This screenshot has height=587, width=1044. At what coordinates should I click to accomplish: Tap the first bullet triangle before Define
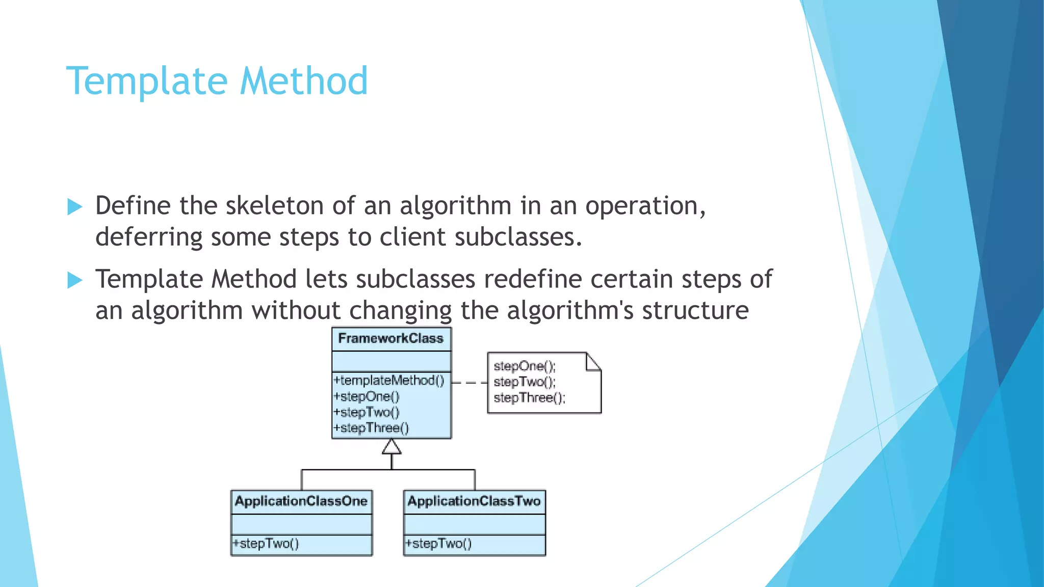(x=74, y=207)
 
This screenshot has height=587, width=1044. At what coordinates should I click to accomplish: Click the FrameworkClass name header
(x=391, y=339)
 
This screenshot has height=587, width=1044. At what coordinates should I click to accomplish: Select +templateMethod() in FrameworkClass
(x=389, y=381)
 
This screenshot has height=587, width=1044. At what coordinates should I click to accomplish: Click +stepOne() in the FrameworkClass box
(x=367, y=396)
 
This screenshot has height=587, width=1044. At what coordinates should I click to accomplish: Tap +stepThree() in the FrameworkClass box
(x=371, y=428)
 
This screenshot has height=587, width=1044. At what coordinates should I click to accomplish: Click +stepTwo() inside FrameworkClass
(x=367, y=412)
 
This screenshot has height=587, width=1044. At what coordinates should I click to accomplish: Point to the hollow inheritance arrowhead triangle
(x=391, y=447)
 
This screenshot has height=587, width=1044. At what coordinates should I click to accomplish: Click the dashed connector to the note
(x=469, y=382)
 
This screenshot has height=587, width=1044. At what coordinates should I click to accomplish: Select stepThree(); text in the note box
(x=530, y=398)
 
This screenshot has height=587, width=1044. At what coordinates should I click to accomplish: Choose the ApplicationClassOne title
(x=301, y=501)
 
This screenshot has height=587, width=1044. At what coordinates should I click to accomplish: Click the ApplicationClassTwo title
(x=474, y=501)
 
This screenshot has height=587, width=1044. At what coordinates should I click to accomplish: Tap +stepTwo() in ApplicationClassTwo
(x=439, y=544)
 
